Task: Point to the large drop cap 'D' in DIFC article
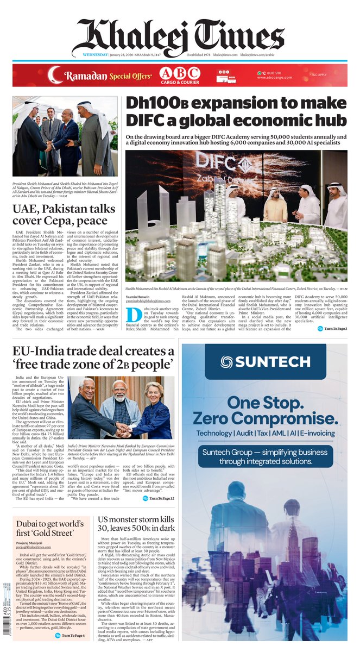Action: [x=131, y=315]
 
